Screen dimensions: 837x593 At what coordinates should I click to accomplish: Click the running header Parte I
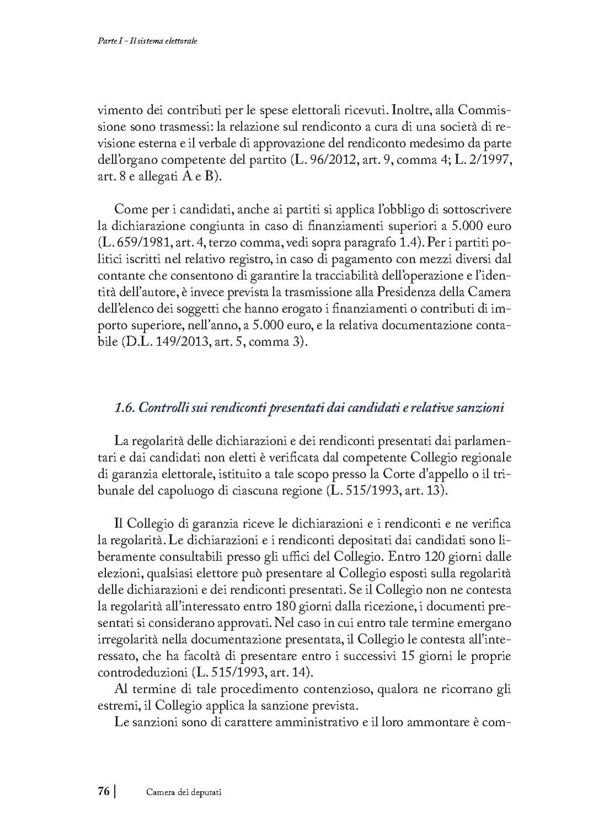coord(102,41)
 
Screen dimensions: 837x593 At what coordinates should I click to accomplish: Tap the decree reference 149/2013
coord(170,342)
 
